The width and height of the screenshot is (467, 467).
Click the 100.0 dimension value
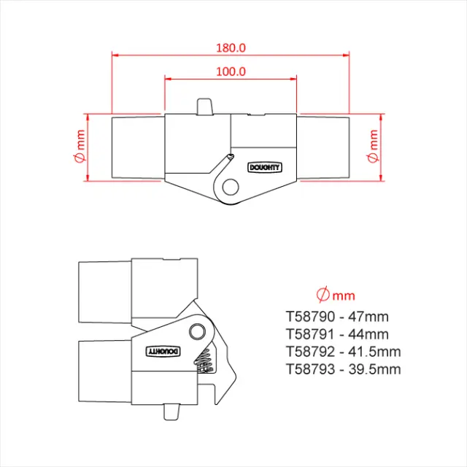point(231,72)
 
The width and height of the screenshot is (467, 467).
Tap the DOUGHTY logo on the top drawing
point(265,166)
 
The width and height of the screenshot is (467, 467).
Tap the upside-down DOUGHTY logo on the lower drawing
point(163,351)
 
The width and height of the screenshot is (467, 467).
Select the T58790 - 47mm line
point(337,317)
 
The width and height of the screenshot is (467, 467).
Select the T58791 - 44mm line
point(337,334)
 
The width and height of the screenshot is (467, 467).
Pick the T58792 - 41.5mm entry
point(343,352)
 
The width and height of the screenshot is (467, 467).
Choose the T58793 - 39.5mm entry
point(343,369)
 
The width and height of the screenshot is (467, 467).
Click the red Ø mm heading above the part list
point(336,295)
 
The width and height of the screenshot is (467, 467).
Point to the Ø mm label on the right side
point(373,148)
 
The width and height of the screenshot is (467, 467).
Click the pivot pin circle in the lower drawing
point(196,332)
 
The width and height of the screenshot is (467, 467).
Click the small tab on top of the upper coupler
point(205,106)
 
